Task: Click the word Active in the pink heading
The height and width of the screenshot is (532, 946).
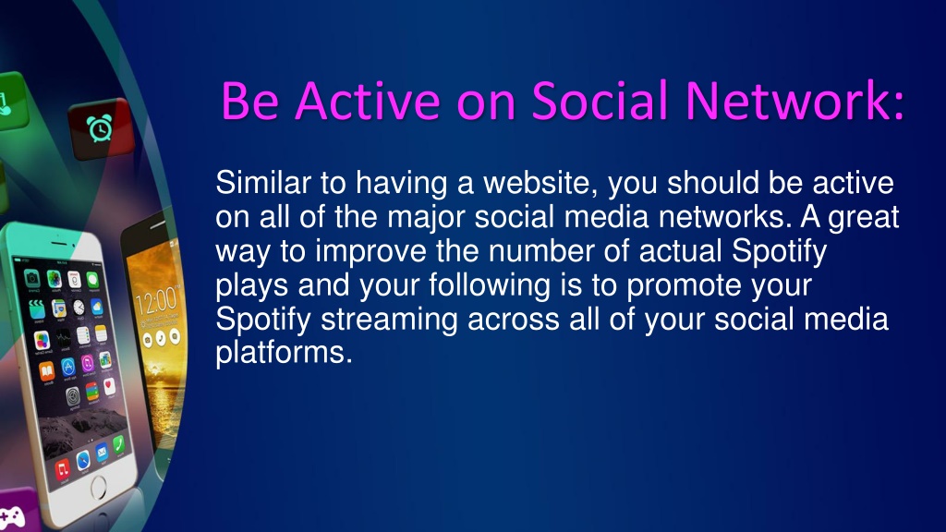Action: click(x=368, y=100)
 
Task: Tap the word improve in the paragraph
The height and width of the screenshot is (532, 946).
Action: click(x=370, y=251)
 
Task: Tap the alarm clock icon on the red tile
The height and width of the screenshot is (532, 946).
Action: click(x=100, y=128)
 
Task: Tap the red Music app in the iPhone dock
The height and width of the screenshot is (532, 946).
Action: click(x=63, y=469)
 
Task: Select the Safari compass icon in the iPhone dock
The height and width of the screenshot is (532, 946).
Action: click(x=82, y=461)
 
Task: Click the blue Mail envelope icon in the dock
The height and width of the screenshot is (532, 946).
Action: click(x=102, y=453)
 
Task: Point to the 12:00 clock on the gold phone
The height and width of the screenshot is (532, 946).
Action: click(x=156, y=300)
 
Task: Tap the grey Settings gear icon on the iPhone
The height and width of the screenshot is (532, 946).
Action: click(x=72, y=397)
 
